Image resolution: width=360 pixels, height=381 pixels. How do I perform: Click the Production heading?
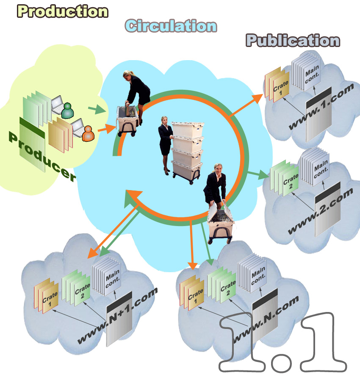[62, 11]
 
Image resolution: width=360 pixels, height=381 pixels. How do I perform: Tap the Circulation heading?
[171, 26]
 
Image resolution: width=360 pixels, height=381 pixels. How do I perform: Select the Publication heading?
[293, 40]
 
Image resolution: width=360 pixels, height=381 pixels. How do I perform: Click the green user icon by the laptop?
[67, 111]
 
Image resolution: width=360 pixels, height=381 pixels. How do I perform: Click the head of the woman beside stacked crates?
[163, 120]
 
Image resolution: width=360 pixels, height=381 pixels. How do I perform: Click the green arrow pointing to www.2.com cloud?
[258, 175]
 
